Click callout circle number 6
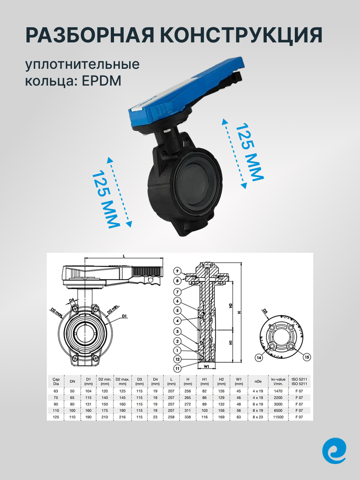(178, 301)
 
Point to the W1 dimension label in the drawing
(206, 365)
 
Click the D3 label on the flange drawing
(265, 310)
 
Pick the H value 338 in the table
(188, 417)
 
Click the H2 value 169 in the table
(221, 417)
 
